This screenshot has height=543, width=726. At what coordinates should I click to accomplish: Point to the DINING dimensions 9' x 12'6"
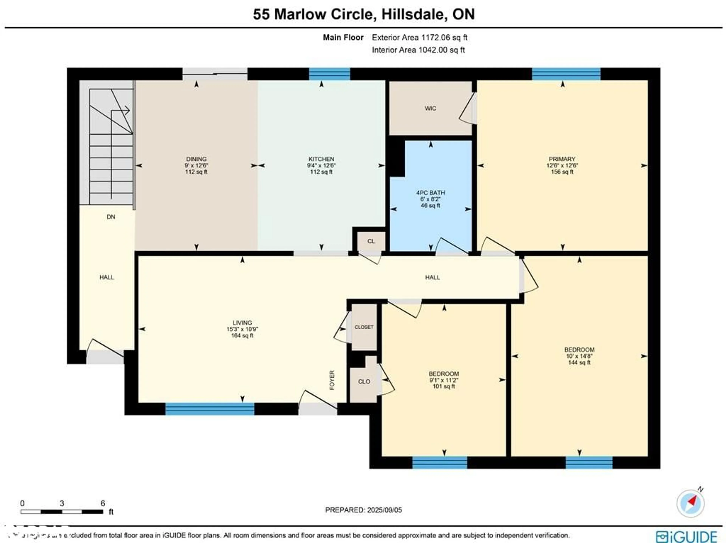(196, 165)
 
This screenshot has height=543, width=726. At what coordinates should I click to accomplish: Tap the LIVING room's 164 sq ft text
(242, 336)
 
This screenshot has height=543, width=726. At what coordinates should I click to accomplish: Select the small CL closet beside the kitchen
(371, 241)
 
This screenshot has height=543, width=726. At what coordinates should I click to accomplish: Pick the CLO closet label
(364, 382)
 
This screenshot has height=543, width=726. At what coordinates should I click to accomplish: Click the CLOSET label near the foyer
(364, 327)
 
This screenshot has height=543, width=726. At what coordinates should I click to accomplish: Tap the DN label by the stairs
(111, 217)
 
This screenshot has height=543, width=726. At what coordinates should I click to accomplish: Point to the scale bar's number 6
(103, 503)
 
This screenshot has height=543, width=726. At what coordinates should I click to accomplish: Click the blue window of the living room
(209, 409)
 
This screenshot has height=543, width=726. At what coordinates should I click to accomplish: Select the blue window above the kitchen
(330, 74)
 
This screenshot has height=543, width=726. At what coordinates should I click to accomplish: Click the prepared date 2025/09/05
(384, 510)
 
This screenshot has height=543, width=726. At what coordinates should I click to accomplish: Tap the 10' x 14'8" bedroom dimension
(579, 356)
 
